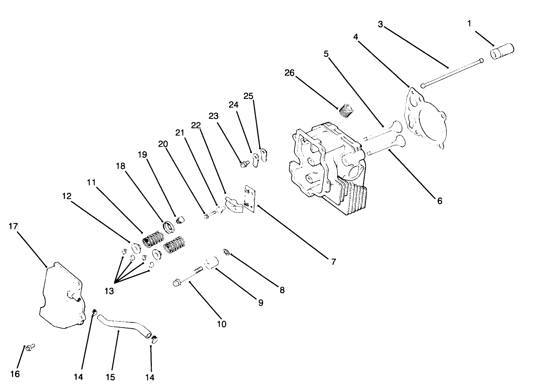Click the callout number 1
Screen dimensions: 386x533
coord(469,24)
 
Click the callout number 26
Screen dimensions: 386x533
coord(289,73)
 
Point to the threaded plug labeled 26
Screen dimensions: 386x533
coord(346,109)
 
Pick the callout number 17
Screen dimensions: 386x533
coord(14,226)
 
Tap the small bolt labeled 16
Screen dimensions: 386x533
coord(30,346)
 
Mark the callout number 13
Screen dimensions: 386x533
coord(109,291)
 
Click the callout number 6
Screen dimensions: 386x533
coord(440,201)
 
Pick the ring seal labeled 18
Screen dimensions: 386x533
coord(168,227)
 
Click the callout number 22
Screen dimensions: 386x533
coord(196,125)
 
